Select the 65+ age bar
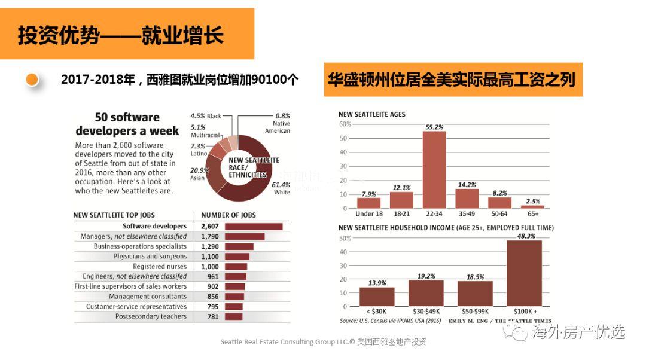(x=532, y=207)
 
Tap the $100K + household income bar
(x=524, y=273)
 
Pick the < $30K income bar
(x=377, y=297)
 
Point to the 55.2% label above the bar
(x=434, y=127)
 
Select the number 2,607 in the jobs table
(x=211, y=227)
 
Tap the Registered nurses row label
(x=160, y=266)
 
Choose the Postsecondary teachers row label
(x=151, y=316)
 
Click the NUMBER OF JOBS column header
(x=228, y=215)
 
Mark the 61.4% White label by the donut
(x=281, y=188)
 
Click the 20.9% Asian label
(x=198, y=174)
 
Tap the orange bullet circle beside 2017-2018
(x=32, y=80)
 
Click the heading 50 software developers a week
(x=127, y=124)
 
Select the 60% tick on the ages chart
(x=345, y=124)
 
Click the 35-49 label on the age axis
(x=467, y=213)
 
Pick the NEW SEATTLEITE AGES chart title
(x=371, y=114)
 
